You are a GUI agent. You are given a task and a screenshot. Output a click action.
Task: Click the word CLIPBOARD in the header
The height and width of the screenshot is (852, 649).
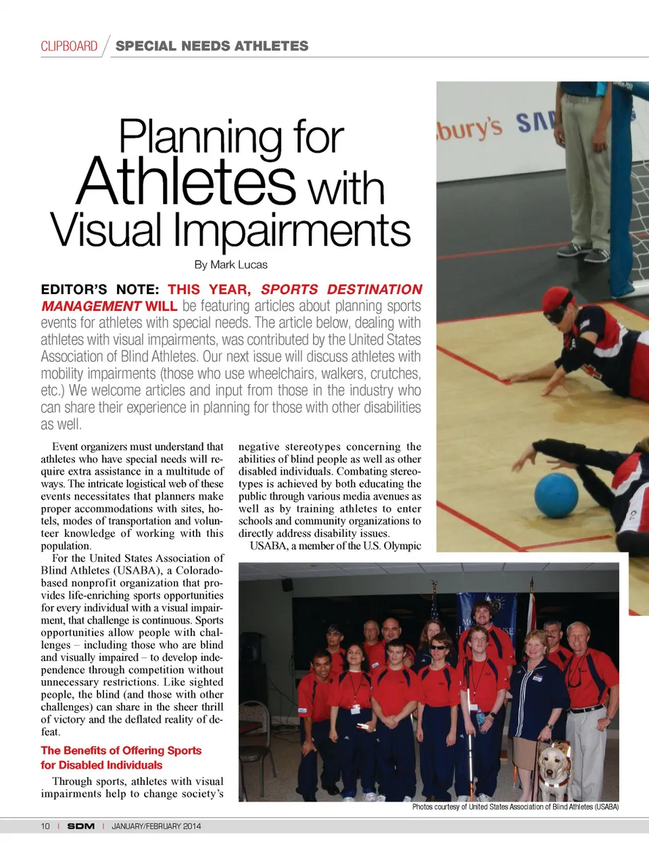[x=69, y=46]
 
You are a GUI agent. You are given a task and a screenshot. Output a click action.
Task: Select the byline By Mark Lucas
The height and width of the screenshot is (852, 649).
[x=231, y=264]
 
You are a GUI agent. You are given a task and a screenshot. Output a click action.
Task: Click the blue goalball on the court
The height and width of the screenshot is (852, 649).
[x=556, y=495]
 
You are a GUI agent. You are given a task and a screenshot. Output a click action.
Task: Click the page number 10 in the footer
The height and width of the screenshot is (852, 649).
[x=45, y=826]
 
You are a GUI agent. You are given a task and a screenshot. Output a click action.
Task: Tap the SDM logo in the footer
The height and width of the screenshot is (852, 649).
[x=81, y=826]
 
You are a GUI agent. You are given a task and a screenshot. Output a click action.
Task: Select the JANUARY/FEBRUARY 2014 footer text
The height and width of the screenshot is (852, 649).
[x=156, y=826]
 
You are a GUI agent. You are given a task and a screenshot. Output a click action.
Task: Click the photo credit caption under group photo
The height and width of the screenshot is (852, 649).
[x=515, y=807]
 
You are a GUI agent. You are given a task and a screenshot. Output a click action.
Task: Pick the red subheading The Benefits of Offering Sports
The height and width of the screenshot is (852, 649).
[x=121, y=751]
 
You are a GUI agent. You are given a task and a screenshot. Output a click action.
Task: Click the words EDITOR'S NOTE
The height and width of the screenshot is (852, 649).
[x=100, y=289]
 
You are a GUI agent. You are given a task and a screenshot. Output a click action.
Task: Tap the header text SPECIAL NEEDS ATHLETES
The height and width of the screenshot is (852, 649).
[x=212, y=46]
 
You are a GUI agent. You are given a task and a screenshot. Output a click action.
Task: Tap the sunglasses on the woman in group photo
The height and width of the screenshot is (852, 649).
[x=439, y=647]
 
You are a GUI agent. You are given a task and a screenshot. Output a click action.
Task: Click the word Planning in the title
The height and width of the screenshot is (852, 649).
[x=200, y=137]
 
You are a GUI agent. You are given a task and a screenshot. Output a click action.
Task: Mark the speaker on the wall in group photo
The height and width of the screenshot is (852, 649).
[x=287, y=584]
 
